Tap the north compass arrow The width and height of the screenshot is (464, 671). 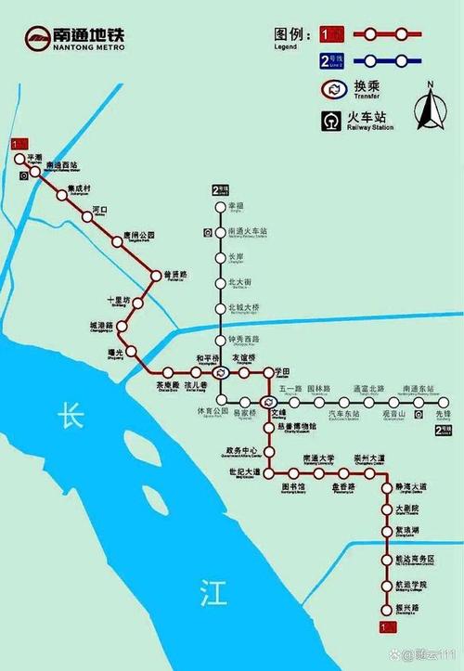[x=430, y=110]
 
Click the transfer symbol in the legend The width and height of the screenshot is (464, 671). [x=332, y=90]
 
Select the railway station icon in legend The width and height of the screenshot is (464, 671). [x=331, y=121]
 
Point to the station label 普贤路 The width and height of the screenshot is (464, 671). [x=176, y=275]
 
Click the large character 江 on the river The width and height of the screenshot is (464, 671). [x=213, y=594]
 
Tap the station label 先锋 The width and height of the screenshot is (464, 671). [x=444, y=413]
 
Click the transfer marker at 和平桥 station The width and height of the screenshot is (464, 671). [x=220, y=372]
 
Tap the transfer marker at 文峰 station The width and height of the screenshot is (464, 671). [x=268, y=402]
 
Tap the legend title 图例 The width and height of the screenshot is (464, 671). [x=290, y=33]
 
